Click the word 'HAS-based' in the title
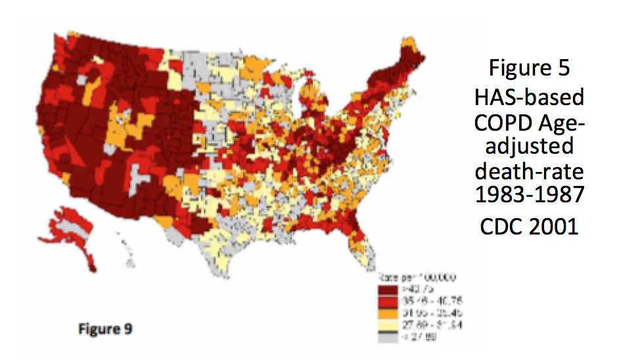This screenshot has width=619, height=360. [x=530, y=97]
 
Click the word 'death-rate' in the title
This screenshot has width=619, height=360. [x=530, y=173]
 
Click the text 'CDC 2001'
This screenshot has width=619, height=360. [x=530, y=226]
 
